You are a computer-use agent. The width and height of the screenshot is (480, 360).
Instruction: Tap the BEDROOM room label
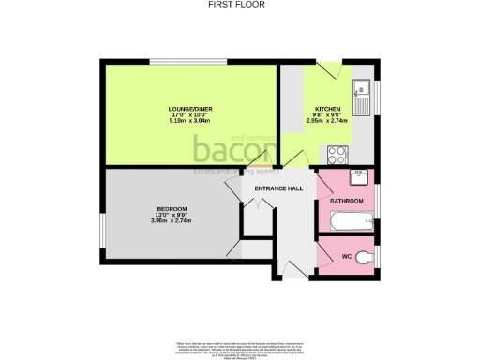[x=172, y=207]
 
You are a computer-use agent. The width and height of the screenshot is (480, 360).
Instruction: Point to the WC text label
[x=346, y=256]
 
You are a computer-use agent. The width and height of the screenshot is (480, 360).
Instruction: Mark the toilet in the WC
[x=370, y=254]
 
